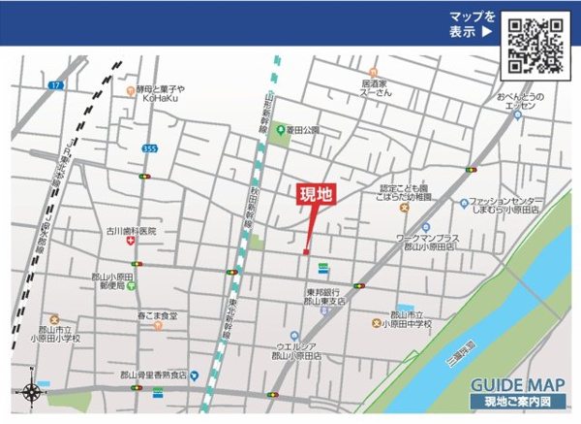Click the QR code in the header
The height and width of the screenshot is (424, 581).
tap(535, 46)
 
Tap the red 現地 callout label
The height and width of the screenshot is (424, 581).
tap(315, 194)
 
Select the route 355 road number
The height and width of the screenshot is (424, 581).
tap(148, 148)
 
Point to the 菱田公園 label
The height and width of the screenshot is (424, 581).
tap(301, 129)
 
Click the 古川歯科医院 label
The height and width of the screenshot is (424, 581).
tap(131, 231)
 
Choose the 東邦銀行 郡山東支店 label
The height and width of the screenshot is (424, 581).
tap(325, 296)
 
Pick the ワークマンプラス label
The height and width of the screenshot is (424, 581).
tap(427, 242)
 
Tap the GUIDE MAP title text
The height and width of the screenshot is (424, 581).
tap(517, 385)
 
